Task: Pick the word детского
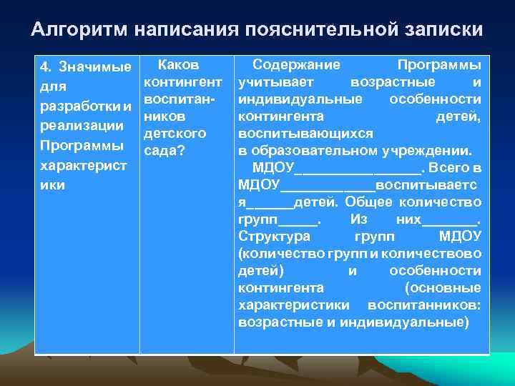[x=175, y=134]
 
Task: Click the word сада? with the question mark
[x=165, y=151]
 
